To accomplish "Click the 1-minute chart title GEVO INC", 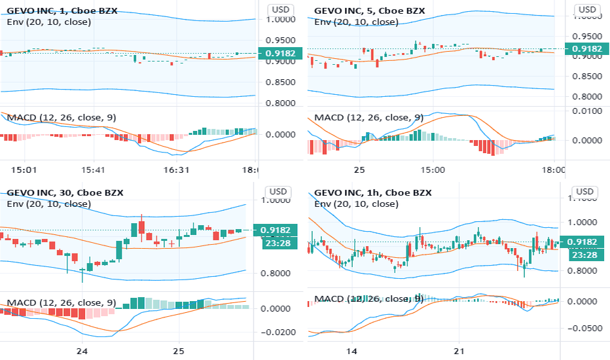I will click(x=32, y=10).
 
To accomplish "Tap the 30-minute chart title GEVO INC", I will click(x=32, y=192).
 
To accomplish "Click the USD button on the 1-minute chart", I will click(x=280, y=10).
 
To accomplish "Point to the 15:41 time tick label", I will click(x=92, y=169).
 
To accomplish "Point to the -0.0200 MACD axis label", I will click(x=279, y=333).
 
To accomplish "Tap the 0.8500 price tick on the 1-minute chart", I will click(x=280, y=82).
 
